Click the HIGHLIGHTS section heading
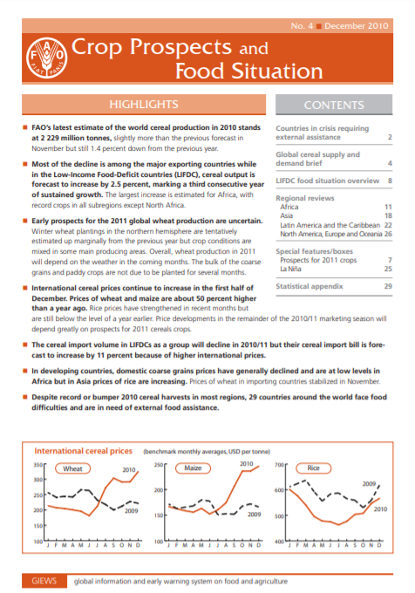click(x=143, y=104)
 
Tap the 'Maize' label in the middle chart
click(x=192, y=468)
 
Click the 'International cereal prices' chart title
click(x=83, y=451)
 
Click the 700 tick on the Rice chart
click(x=280, y=466)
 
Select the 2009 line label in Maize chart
click(x=254, y=515)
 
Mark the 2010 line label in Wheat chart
click(x=131, y=470)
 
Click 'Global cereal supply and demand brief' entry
click(x=314, y=158)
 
